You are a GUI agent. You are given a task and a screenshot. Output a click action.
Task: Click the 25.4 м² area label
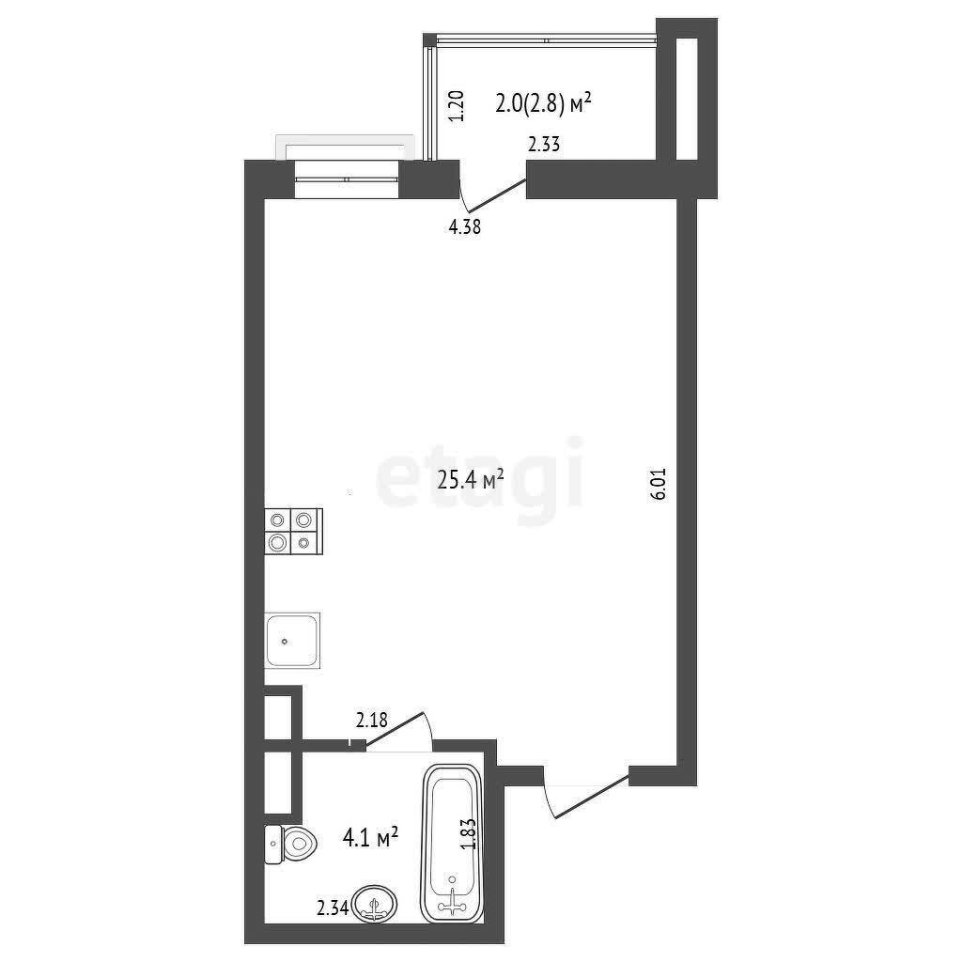pyautogui.click(x=471, y=479)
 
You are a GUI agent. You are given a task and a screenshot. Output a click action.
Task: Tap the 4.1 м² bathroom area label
pyautogui.click(x=370, y=836)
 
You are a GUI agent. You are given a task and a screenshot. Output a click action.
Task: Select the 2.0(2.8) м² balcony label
pyautogui.click(x=543, y=103)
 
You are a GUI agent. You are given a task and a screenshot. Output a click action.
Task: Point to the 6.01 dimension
pyautogui.click(x=659, y=485)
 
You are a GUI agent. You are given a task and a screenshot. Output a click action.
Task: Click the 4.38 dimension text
pyautogui.click(x=464, y=227)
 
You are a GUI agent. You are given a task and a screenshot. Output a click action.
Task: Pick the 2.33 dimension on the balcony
pyautogui.click(x=544, y=145)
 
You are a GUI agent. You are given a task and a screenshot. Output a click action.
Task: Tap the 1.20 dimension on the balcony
pyautogui.click(x=458, y=106)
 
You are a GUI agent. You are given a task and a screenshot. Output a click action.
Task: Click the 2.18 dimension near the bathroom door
pyautogui.click(x=372, y=720)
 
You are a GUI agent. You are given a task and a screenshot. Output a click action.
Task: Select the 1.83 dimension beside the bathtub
pyautogui.click(x=468, y=834)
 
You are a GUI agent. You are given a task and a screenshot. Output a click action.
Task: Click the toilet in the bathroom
pyautogui.click(x=291, y=845)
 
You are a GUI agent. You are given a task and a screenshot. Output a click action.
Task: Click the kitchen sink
pyautogui.click(x=292, y=640)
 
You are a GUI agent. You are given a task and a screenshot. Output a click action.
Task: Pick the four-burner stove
pyautogui.click(x=293, y=532)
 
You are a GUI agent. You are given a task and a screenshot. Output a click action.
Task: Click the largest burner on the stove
pyautogui.click(x=278, y=542)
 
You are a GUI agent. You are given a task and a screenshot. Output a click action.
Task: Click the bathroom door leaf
pyautogui.click(x=395, y=729)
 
